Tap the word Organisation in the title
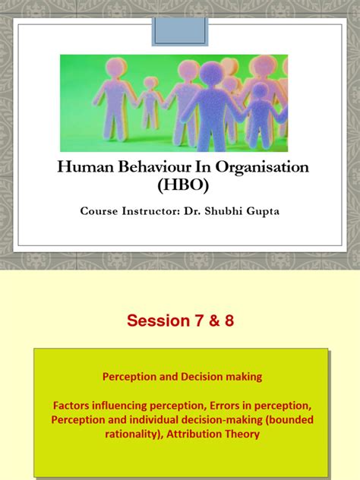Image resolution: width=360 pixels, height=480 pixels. pos(255,167)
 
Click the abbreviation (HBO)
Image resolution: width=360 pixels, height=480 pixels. pos(180,186)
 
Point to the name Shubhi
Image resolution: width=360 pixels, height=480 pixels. pos(228,210)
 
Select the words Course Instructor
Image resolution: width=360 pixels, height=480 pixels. pos(129,210)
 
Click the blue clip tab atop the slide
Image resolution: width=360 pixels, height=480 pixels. pos(179,27)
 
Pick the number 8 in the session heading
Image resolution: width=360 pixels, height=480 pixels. pos(228,321)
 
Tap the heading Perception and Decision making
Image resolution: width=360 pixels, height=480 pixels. pos(180,376)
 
